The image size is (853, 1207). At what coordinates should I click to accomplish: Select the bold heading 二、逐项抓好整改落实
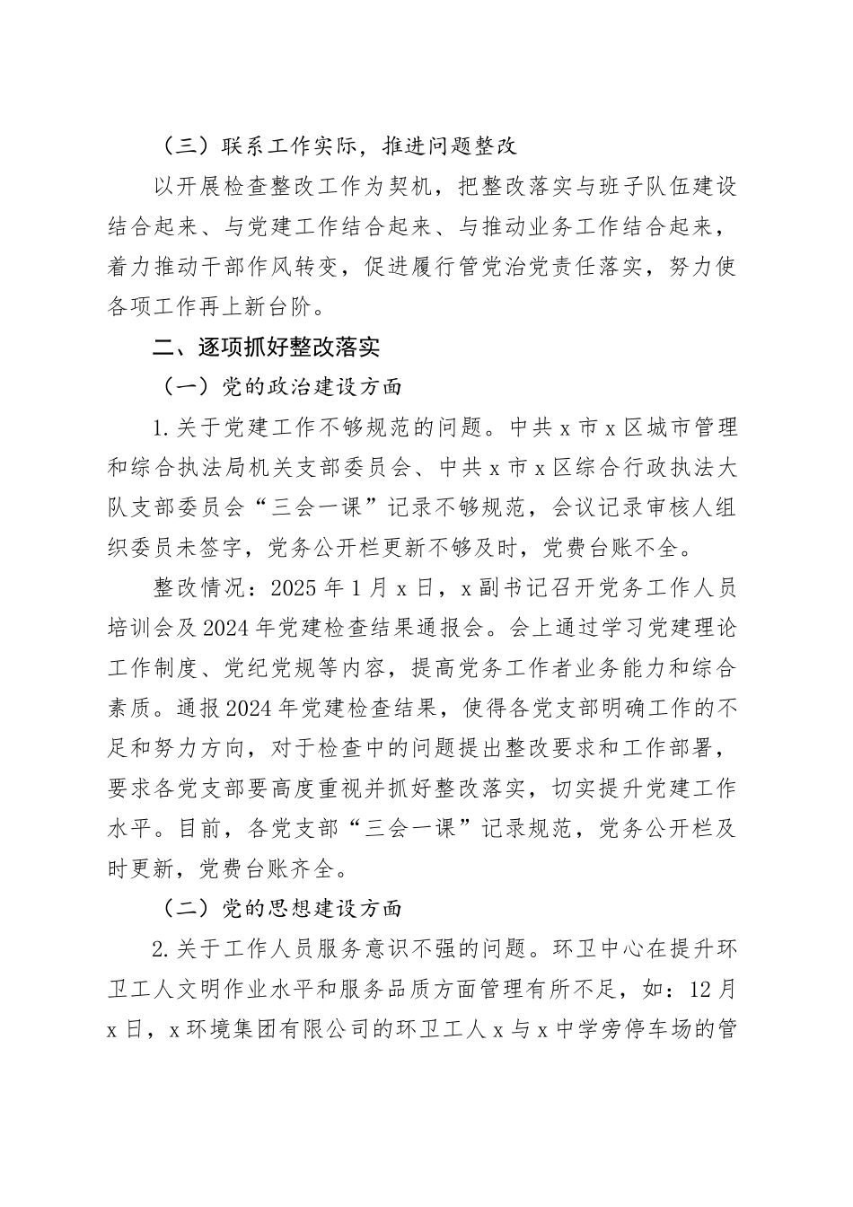(x=267, y=347)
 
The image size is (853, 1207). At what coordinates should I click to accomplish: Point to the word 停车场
(x=643, y=1030)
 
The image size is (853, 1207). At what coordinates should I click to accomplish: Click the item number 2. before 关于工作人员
(x=163, y=949)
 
